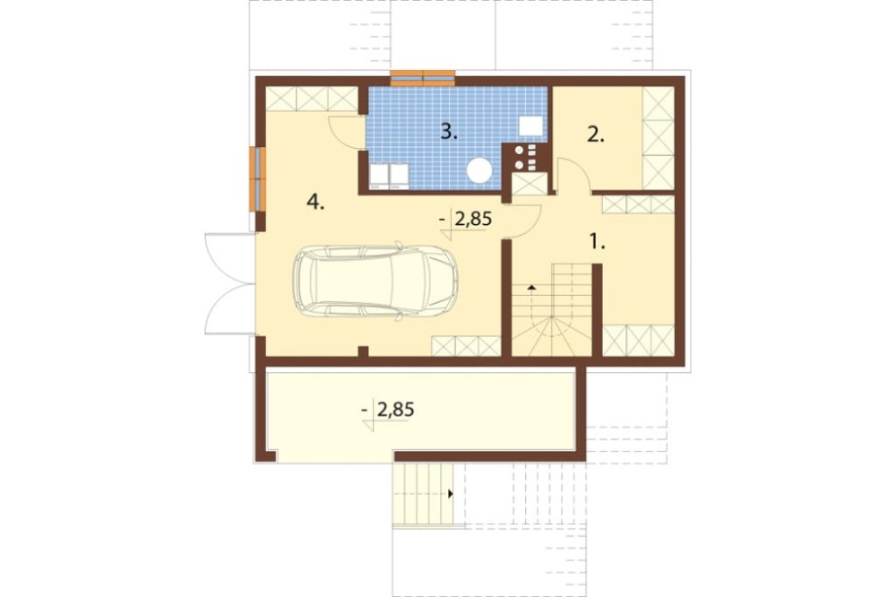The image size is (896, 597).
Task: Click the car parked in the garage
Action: pyautogui.click(x=375, y=281)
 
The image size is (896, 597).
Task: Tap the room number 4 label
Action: pyautogui.click(x=315, y=202)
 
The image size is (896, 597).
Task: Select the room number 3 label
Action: pyautogui.click(x=449, y=132)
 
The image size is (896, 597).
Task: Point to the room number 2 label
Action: pyautogui.click(x=596, y=135)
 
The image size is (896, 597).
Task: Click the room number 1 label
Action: pyautogui.click(x=597, y=242)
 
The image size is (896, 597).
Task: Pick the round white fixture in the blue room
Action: pyautogui.click(x=478, y=169)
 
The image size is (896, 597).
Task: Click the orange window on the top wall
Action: pyautogui.click(x=423, y=78)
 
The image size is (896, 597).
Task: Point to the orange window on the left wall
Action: pyautogui.click(x=258, y=179)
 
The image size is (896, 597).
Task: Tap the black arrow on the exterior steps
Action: pyautogui.click(x=451, y=494)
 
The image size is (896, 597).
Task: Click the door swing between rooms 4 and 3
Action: pyautogui.click(x=346, y=133)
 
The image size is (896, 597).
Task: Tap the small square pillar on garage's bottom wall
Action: pyautogui.click(x=362, y=351)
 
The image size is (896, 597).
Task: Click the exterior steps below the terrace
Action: pyautogui.click(x=422, y=494)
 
